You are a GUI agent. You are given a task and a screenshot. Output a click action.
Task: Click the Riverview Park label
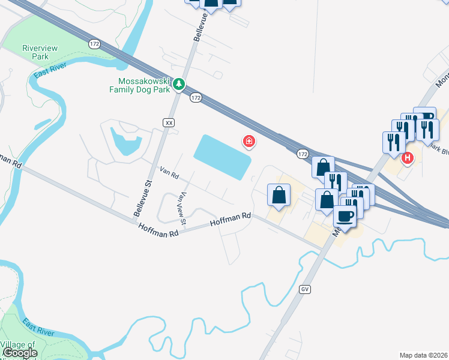pos(35,52)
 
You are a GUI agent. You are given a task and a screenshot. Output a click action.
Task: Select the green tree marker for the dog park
pos(178,85)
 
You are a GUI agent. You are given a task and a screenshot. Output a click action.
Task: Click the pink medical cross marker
pos(248,142)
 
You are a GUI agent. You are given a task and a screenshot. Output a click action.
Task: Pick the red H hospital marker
pos(408,158)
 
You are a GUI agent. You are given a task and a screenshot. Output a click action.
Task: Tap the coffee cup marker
pos(345,216)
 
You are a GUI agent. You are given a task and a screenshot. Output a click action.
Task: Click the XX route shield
pos(169,122)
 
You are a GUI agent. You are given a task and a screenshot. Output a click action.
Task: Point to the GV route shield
pos(306,289)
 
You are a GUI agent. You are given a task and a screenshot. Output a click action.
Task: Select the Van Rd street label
pos(169,173)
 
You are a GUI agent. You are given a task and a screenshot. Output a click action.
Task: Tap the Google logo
pos(20,353)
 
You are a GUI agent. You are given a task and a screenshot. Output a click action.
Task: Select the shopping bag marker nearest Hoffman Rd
pos(279,196)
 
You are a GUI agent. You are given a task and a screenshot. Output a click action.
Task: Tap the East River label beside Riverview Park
pos(50,74)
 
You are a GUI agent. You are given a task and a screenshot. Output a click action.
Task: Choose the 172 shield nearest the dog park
pos(195,97)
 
